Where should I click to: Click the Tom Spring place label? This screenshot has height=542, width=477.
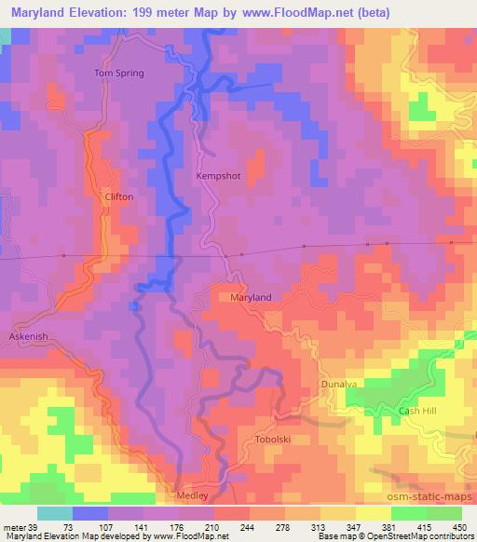point(120,73)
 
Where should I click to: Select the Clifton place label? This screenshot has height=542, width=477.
point(120,197)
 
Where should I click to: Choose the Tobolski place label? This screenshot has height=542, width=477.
point(273,438)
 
